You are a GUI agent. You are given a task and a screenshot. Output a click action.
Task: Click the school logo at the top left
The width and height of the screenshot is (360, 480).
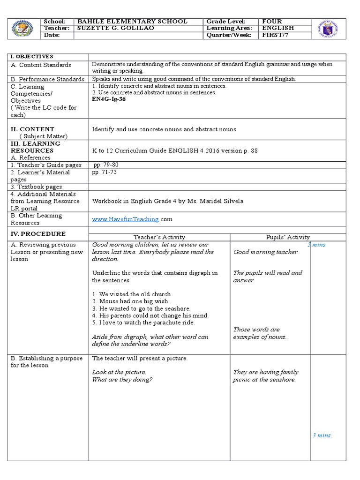23,29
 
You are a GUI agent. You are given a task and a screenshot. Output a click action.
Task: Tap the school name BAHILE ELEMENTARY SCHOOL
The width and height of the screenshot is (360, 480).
132,22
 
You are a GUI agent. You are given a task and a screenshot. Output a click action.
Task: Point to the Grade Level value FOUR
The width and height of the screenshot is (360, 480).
272,22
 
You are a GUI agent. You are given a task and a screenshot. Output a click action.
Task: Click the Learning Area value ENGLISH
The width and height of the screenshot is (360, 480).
278,28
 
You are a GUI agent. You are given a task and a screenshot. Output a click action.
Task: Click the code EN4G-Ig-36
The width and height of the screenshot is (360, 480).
109,99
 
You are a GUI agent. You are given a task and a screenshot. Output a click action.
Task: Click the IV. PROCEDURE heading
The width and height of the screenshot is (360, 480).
38,234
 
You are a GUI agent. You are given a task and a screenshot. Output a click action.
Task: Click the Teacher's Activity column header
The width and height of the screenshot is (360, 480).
159,237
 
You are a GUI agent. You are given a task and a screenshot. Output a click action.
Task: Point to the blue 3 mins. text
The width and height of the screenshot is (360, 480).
322,435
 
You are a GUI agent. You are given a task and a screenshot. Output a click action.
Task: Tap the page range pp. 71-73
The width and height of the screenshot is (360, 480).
105,172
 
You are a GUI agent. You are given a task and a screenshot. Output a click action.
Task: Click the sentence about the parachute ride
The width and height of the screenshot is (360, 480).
143,322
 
